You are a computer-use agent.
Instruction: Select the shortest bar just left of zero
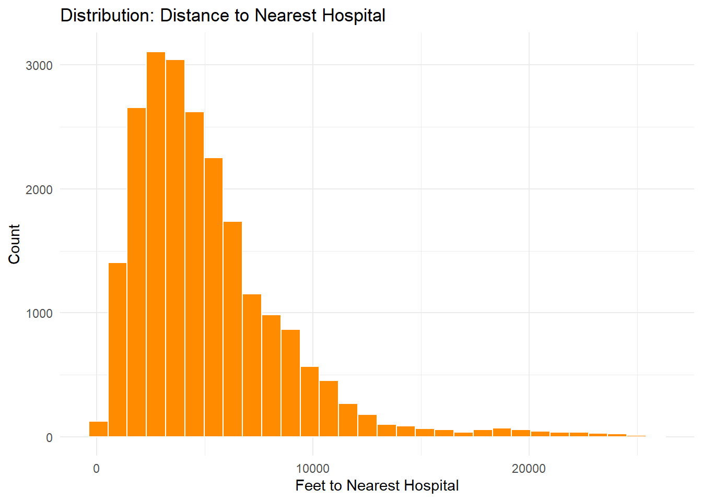98,429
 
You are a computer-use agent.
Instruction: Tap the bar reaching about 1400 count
118,350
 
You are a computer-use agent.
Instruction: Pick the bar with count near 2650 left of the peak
136,272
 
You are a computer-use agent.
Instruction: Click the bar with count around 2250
214,297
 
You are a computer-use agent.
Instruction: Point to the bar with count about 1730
233,329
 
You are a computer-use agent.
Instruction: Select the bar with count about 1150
252,365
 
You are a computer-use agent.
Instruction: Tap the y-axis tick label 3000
39,66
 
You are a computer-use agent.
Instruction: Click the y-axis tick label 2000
39,189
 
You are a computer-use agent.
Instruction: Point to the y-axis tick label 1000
39,314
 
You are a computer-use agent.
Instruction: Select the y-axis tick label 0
49,438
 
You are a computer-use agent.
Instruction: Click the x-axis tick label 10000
313,469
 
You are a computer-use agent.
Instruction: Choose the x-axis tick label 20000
529,469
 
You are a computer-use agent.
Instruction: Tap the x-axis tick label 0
96,469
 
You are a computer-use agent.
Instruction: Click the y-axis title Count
14,244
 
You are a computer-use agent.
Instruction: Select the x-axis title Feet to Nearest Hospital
377,486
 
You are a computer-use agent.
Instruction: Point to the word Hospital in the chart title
353,16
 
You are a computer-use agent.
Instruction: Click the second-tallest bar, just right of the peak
175,248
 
